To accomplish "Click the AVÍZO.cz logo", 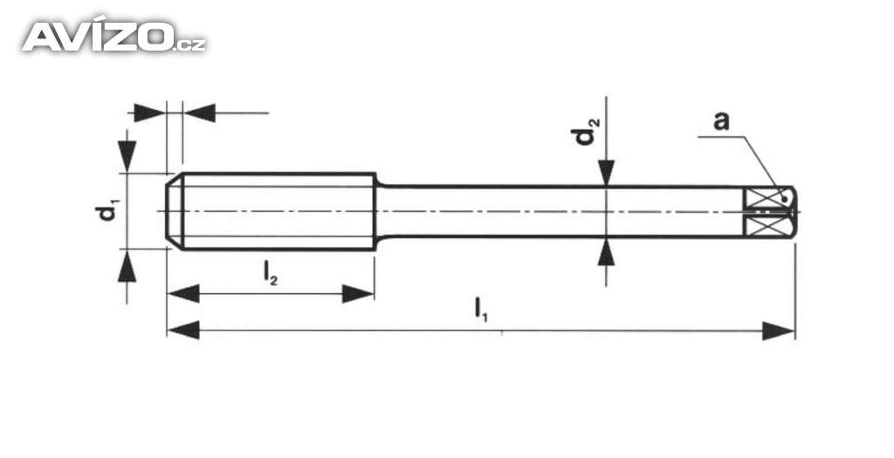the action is coord(114,36).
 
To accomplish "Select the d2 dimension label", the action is coord(585,132).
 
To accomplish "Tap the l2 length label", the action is coord(271,273).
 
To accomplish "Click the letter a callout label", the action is coord(721,120).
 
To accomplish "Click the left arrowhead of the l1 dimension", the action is coord(183,331).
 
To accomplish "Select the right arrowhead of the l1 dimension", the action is coord(778,331).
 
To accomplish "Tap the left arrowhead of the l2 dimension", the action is coord(183,294).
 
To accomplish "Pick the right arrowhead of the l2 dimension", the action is coord(357,294).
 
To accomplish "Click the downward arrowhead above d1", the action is coord(127,155).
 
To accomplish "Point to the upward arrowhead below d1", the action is coord(127,265).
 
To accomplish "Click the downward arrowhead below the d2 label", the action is coord(607,173).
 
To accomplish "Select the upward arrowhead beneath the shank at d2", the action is coord(607,252).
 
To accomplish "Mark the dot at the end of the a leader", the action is coord(786,199).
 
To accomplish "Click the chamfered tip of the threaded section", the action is coord(175,211).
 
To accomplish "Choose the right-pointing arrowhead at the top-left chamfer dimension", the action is coord(149,113).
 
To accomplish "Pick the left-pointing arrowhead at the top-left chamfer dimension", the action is coord(200,113).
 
